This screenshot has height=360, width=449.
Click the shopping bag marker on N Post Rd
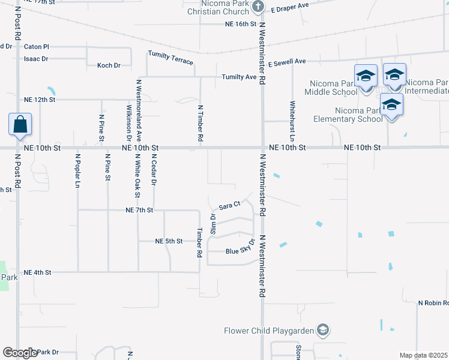coord(20,125)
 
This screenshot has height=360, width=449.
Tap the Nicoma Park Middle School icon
coord(365,76)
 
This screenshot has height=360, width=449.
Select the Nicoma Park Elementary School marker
coord(391,104)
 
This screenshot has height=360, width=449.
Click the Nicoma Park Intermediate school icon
coord(394,74)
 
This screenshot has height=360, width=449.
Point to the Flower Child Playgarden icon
coord(323,330)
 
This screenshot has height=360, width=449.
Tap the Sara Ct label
coord(229,206)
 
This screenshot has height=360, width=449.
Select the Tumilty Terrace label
coord(170,58)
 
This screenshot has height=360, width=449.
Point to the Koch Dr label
coord(109,65)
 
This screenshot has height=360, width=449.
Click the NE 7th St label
coord(140,211)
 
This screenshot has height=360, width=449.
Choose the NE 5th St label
coord(169,241)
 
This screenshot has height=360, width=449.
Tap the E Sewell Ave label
coord(287,62)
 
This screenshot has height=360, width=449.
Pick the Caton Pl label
coord(36,46)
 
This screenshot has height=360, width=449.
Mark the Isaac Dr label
coord(36,59)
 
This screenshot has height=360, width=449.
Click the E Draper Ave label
coord(289,7)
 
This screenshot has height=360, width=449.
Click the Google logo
coord(20,353)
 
